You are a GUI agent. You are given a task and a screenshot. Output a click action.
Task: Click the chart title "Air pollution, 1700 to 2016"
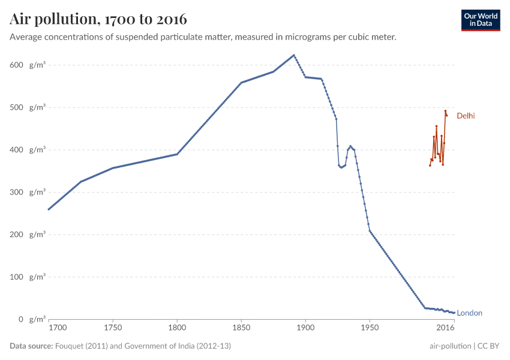coord(98,19)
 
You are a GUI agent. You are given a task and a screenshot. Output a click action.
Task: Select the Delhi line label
coord(466,116)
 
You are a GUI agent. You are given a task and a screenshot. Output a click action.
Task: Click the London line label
coord(469,313)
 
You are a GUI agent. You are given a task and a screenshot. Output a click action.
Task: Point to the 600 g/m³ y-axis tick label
coord(28,65)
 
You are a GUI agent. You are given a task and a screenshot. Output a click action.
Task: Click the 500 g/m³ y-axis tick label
coord(28,107)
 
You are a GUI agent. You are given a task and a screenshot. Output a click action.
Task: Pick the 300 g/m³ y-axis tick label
coord(28,192)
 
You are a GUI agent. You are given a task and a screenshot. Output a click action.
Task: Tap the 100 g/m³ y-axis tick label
coord(28,277)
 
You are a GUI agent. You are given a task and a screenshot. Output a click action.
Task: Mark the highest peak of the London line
coord(294,55)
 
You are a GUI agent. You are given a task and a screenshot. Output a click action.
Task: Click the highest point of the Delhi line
coord(445,111)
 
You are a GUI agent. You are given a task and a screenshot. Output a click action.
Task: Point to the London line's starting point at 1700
coord(49,209)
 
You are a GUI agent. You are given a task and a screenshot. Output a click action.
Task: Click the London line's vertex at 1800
coord(177,154)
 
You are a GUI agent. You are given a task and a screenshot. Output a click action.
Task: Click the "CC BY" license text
coord(488,346)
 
